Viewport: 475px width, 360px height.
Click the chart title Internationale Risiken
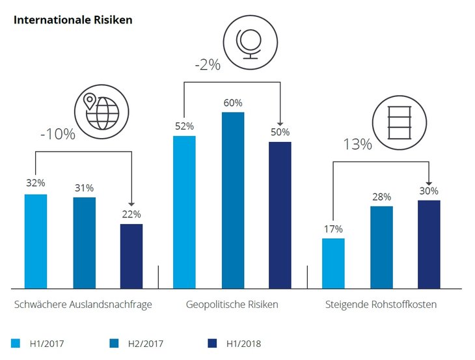pos(73,20)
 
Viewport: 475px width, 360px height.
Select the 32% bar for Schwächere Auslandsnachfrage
pos(36,241)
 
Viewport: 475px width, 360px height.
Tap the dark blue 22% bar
pos(131,256)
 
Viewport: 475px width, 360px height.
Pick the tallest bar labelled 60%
pos(233,199)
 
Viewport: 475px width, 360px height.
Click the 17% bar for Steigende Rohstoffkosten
pos(333,263)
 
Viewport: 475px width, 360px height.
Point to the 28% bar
pos(381,247)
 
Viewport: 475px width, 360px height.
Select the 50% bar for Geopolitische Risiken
pos(280,215)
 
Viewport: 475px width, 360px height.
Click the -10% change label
pos(58,135)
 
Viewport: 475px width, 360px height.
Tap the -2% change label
pos(208,65)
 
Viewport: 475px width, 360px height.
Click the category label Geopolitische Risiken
pos(232,305)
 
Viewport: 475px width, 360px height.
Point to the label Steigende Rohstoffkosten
pos(381,305)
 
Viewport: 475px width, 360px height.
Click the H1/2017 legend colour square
pos(16,343)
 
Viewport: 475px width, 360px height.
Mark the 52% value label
pos(183,126)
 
